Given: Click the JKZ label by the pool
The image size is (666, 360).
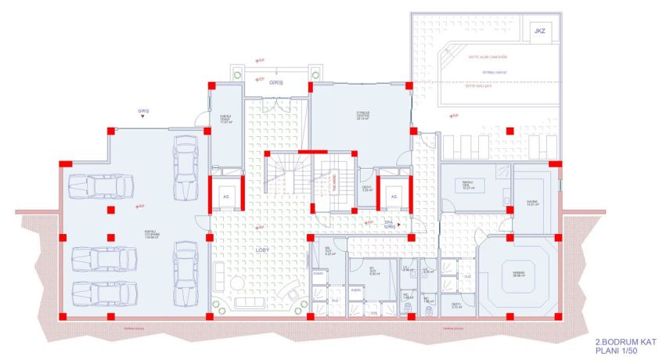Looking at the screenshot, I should point(538,31).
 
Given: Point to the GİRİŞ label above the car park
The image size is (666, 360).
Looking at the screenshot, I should point(142,111).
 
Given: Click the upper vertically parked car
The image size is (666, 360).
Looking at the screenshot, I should point(185,167).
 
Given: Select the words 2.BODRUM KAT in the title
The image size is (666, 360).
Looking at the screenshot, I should point(613,341).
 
